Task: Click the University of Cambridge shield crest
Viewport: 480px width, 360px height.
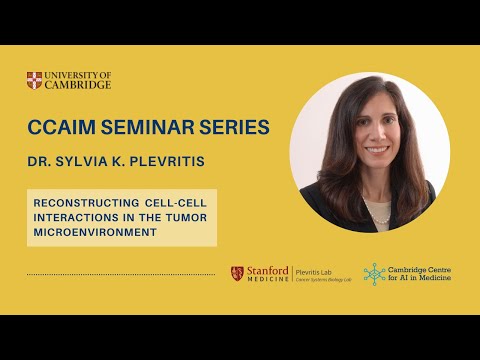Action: [35, 79]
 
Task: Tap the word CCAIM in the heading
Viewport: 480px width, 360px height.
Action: [61, 129]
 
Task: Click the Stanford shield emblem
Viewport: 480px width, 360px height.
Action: [237, 273]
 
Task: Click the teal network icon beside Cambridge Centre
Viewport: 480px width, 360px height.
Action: [374, 274]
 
